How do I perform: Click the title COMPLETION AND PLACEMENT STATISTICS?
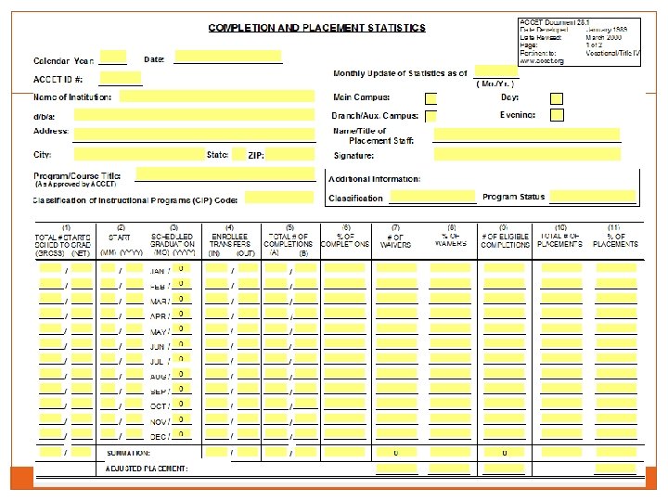point(317,28)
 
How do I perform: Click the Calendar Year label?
point(64,60)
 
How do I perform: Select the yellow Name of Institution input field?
point(219,96)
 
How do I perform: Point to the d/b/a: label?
point(45,116)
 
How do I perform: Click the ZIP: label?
point(256,155)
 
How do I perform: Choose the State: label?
point(218,154)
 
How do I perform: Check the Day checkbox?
point(557,98)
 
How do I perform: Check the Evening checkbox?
point(557,116)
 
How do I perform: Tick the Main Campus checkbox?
point(431,98)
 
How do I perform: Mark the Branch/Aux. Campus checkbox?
point(431,117)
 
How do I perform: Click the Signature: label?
point(353,155)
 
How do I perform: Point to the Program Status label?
point(514,197)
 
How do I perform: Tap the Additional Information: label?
point(375,179)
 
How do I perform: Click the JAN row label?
point(160,271)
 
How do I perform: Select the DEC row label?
point(160,437)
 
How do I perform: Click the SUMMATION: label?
point(129,453)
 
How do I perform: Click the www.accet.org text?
point(542,61)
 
